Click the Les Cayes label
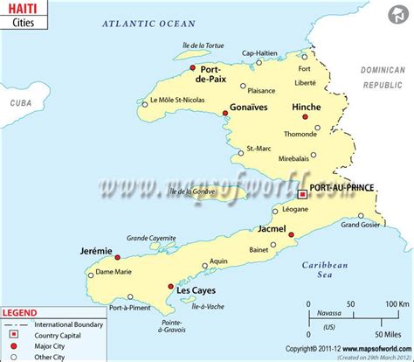coord(196,290)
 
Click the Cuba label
coord(20,101)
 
